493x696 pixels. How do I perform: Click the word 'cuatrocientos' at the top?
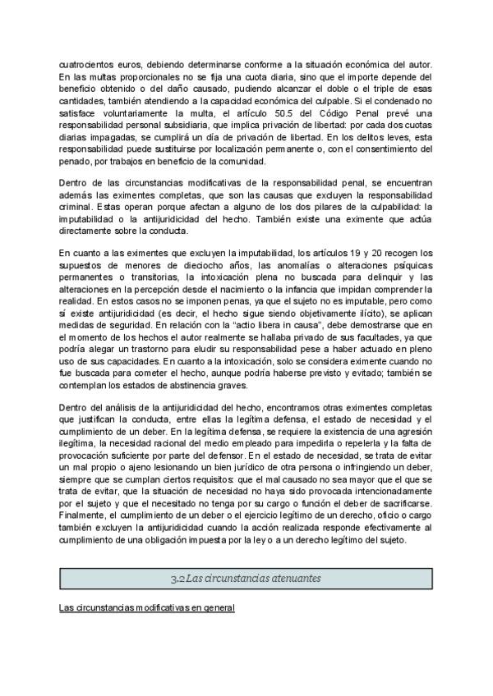click(85, 65)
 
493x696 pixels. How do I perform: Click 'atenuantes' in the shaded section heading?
click(284, 579)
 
